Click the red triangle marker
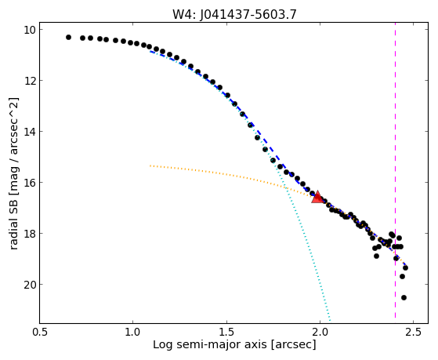317,197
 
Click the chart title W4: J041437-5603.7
234,14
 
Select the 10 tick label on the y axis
29,30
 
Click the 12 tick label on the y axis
29,81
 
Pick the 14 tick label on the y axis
29,132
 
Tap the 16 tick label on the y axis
29,183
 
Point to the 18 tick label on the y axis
29,233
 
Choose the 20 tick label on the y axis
29,285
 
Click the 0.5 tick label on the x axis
40,332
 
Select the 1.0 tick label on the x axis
133,332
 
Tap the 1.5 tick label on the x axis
226,332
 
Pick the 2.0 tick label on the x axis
320,332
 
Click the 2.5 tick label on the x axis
413,332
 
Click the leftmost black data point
68,37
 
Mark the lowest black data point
404,297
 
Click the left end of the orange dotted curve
150,165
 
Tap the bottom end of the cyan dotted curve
330,320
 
